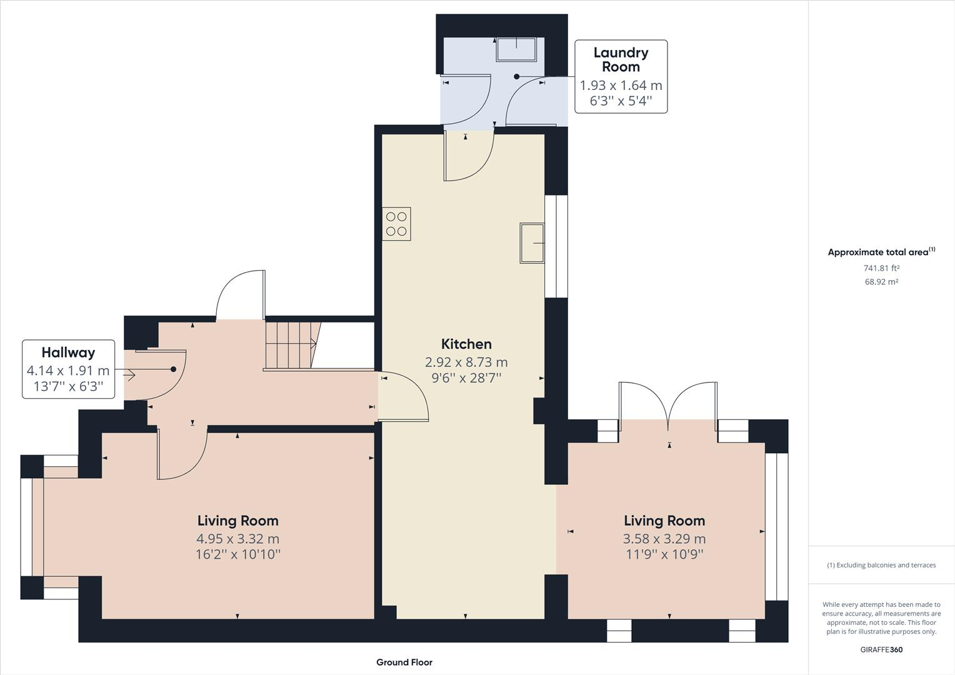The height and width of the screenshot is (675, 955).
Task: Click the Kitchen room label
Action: pos(466,344)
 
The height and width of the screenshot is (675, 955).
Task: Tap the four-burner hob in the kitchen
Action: pos(396,224)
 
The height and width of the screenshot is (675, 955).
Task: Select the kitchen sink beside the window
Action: pos(531,242)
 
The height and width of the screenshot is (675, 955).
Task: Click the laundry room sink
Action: pos(516,49)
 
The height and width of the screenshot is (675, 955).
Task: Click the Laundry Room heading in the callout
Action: pos(621,59)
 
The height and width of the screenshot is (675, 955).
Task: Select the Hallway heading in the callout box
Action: pos(68,352)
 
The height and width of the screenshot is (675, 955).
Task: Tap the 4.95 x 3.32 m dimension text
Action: pos(237,539)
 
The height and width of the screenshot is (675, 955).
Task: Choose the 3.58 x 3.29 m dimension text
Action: pos(664,539)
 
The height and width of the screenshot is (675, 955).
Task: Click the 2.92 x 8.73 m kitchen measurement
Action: pos(466,362)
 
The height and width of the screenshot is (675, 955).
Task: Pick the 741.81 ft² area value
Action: pos(881,268)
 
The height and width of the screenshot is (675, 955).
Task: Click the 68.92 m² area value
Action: pos(881,282)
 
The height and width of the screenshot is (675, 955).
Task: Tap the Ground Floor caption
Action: pos(404,662)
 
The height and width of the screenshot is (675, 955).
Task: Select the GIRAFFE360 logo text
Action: pos(881,649)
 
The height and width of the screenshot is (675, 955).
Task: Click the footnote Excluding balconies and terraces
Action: pos(881,565)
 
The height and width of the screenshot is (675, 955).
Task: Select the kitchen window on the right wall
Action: pos(556,246)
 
